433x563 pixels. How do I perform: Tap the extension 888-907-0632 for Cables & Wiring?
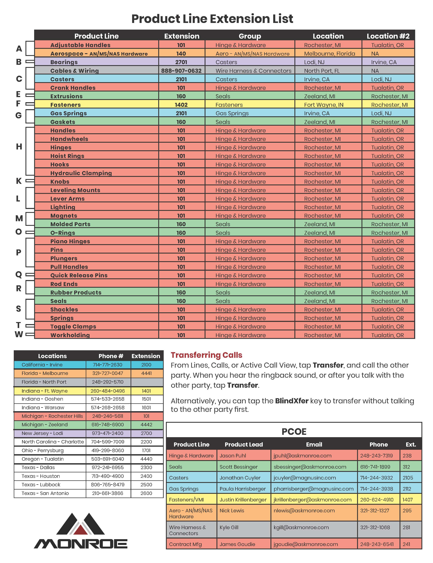[181, 71]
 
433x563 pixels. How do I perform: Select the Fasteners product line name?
[65, 105]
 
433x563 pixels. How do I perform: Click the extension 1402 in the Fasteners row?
[181, 105]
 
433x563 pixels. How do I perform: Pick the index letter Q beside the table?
[19, 275]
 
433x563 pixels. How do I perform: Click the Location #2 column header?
[388, 36]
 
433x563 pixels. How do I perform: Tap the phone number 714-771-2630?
[108, 365]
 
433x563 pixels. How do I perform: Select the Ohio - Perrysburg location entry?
[42, 450]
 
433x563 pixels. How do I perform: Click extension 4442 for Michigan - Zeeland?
[146, 425]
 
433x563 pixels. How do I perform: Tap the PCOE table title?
[294, 432]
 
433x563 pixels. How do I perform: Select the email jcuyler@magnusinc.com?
[304, 478]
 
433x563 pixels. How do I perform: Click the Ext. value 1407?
[408, 500]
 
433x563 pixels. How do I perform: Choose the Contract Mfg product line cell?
[185, 544]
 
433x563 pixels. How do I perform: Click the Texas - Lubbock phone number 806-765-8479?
[108, 485]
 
